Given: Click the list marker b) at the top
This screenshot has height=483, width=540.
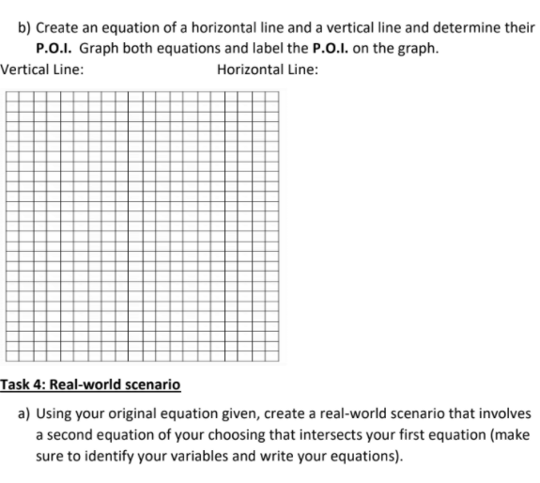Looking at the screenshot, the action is [25, 28].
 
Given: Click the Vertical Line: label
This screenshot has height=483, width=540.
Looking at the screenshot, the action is [40, 69].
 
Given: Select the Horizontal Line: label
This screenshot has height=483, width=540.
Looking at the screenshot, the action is [267, 69].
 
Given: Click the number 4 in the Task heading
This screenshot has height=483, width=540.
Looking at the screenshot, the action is [39, 385].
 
